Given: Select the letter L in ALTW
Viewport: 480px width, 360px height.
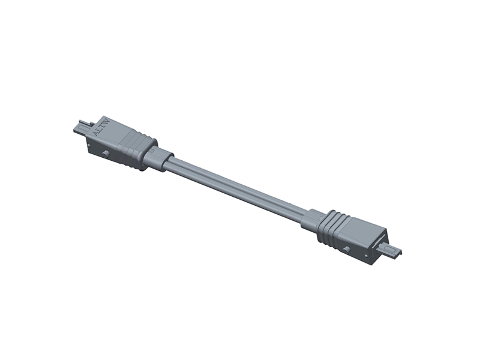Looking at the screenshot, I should tap(98, 130).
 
